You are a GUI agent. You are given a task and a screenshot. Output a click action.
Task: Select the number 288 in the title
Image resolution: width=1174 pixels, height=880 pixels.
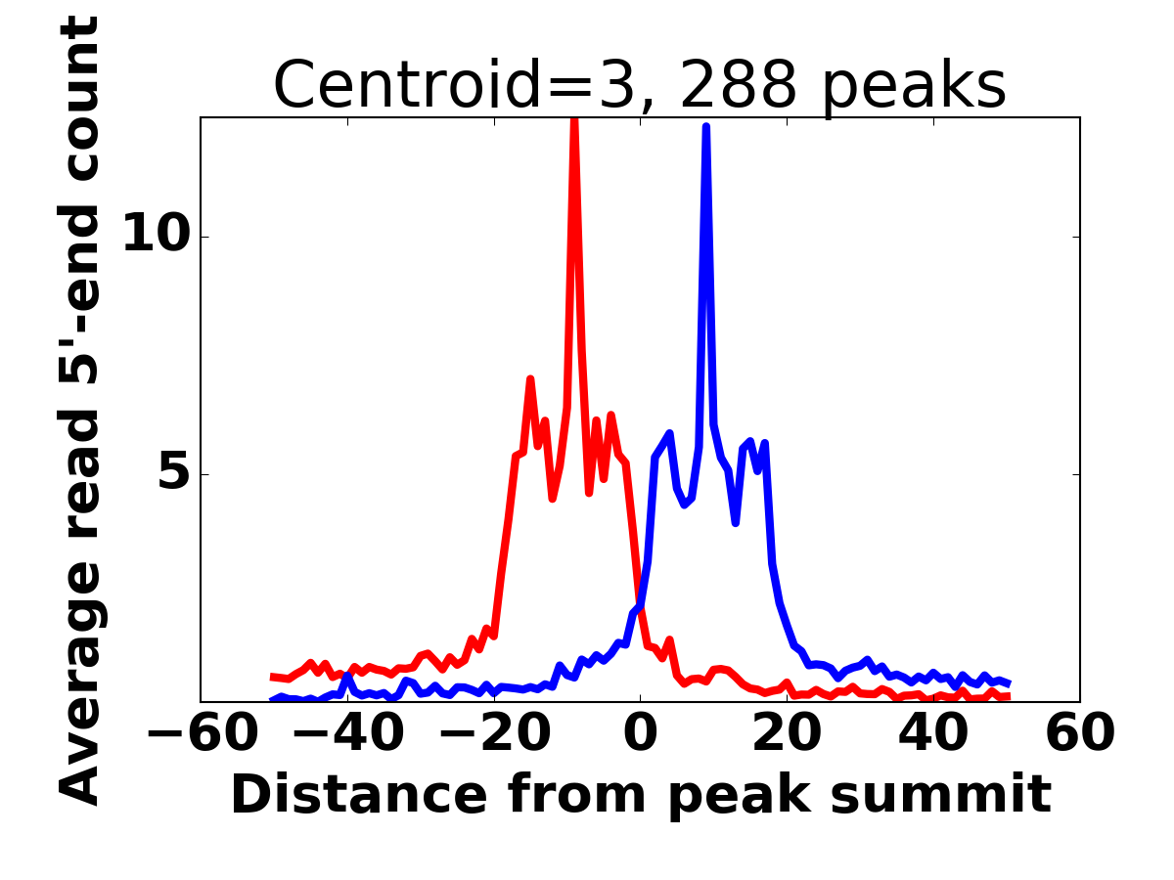point(739,84)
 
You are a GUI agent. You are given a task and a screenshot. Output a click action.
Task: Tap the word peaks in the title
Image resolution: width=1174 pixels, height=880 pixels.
point(914,88)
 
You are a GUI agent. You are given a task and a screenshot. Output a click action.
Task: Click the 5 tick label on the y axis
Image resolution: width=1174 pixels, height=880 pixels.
point(174,469)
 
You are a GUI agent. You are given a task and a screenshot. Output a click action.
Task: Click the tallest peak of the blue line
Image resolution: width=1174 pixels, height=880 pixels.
point(706,127)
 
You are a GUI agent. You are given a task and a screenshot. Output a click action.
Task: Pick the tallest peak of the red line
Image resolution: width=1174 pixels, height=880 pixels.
point(574,119)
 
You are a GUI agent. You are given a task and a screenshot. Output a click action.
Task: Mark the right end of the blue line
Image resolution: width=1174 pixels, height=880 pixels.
point(1009,683)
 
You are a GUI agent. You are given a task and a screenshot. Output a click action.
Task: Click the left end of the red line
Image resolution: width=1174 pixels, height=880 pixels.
point(272,677)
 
